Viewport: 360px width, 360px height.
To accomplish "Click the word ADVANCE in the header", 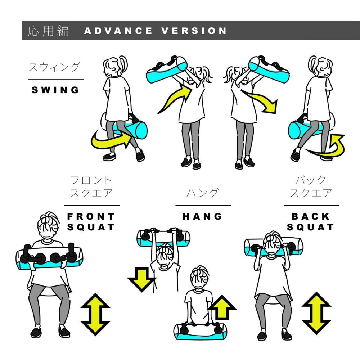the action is click(x=118, y=31).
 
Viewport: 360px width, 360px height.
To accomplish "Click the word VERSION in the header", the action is click(x=194, y=31).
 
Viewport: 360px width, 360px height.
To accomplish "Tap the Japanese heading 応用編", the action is click(x=48, y=31).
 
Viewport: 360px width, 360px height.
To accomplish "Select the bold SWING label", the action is click(x=55, y=90).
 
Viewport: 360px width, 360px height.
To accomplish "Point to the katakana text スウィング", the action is click(x=54, y=67).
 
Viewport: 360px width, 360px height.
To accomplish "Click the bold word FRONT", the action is click(x=91, y=216).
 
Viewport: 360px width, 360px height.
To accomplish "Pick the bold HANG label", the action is click(x=202, y=216).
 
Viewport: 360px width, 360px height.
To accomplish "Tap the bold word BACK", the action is click(x=310, y=216).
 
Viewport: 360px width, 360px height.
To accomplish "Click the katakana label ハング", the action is click(x=202, y=193).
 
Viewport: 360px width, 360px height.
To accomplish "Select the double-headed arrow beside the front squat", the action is click(x=95, y=314).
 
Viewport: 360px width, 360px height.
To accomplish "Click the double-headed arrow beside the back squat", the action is click(x=316, y=314).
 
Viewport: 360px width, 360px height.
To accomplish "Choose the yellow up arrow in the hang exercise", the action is click(x=222, y=307).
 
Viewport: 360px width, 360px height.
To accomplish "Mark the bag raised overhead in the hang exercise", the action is click(x=163, y=238).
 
